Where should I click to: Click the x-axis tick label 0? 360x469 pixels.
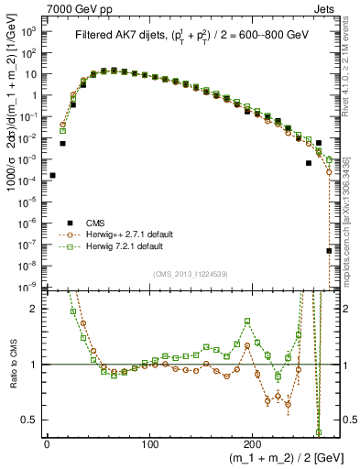tap(47, 444)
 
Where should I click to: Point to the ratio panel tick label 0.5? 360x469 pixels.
tap(31, 420)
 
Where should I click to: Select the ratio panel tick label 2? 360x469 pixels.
tap(35, 309)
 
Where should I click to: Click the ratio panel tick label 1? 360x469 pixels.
tap(35, 365)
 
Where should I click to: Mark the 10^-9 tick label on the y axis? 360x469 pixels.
tap(29, 287)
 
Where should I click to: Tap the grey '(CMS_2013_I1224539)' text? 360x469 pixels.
tap(191, 274)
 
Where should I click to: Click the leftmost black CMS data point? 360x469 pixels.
tap(52, 175)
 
